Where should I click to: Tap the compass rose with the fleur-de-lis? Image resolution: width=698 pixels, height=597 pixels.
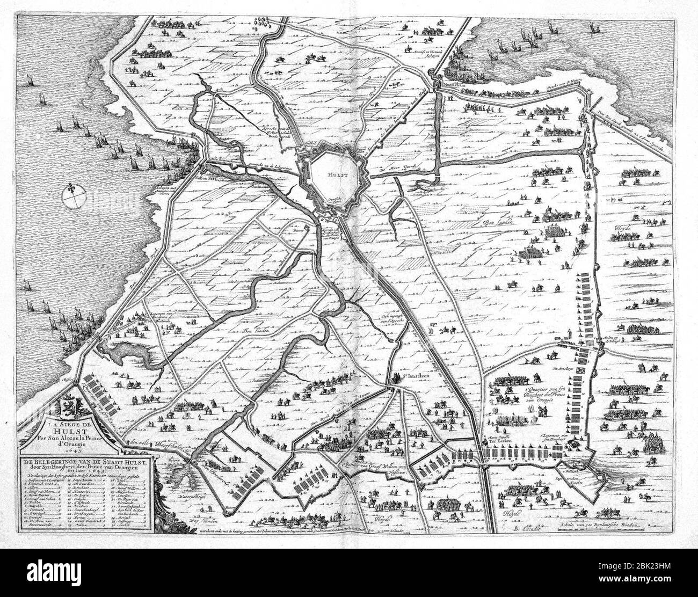[x=72, y=196]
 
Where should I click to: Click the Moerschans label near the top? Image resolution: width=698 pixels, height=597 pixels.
[x=447, y=85]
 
